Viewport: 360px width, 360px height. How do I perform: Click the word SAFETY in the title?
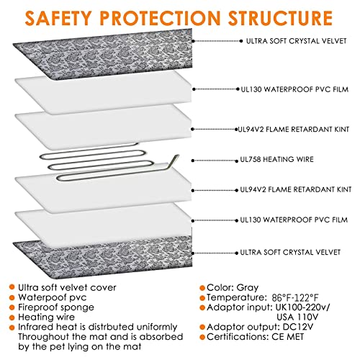pyautogui.click(x=58, y=18)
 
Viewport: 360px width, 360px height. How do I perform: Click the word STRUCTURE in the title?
pyautogui.click(x=280, y=18)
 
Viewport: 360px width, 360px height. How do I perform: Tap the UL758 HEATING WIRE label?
pyautogui.click(x=277, y=159)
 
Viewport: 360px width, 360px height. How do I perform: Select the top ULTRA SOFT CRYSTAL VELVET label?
pyautogui.click(x=297, y=41)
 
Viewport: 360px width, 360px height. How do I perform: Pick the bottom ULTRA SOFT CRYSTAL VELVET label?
pyautogui.click(x=290, y=252)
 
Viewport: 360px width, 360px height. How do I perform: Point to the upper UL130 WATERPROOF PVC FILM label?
pyautogui.click(x=294, y=89)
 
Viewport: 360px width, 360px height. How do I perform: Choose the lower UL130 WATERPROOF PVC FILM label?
pyautogui.click(x=294, y=220)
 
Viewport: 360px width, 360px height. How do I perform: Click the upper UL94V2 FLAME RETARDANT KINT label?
pyautogui.click(x=293, y=130)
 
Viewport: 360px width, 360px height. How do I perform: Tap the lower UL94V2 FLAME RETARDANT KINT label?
pyautogui.click(x=296, y=189)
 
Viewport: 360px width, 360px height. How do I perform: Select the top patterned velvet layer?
pyautogui.click(x=103, y=54)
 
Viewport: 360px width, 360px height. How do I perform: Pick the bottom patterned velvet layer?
pyautogui.click(x=103, y=258)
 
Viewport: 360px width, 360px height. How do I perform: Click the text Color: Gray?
pyautogui.click(x=233, y=287)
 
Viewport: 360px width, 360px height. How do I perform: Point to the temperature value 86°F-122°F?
pyautogui.click(x=295, y=298)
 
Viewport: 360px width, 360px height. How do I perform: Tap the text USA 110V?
pyautogui.click(x=297, y=317)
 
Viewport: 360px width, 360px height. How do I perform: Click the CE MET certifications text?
pyautogui.click(x=288, y=337)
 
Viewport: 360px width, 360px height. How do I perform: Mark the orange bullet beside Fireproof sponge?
pyautogui.click(x=12, y=307)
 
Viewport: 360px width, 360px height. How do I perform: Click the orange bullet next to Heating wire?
pyautogui.click(x=12, y=318)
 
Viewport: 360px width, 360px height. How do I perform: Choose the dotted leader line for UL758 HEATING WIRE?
pyautogui.click(x=215, y=161)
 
